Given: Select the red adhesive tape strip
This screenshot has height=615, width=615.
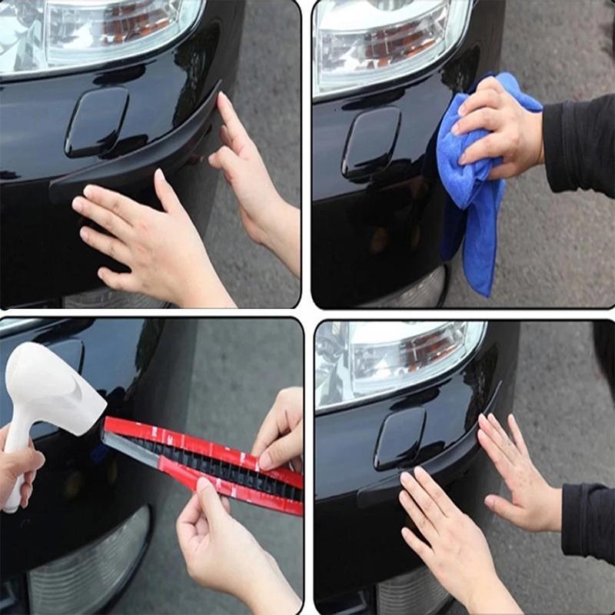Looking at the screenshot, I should point(208,461).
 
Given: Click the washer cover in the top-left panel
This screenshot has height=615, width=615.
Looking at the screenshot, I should point(96,121).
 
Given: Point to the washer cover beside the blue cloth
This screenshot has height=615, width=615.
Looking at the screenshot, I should point(371,142).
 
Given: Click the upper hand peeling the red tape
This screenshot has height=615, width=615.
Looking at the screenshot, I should point(281,430).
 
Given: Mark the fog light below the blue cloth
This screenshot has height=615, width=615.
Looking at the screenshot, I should point(415,292).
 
